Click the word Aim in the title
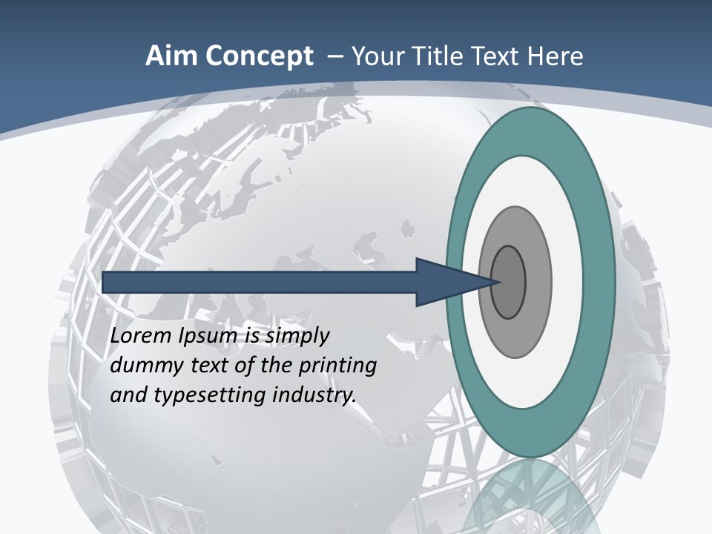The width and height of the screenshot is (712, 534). point(171,56)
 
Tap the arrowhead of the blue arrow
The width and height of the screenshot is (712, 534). point(452,282)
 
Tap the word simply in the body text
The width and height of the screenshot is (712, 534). point(297,337)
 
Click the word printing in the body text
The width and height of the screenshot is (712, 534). point(337,366)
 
